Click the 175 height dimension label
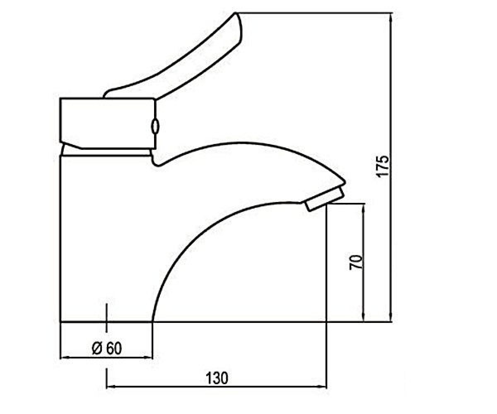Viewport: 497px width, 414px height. [x=383, y=166]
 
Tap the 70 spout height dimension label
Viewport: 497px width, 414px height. [x=356, y=262]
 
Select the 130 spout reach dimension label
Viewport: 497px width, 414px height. [x=217, y=378]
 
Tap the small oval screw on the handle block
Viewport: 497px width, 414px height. [x=155, y=126]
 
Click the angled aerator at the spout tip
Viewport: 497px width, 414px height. [x=325, y=199]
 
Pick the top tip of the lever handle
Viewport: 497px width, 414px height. [x=235, y=13]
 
